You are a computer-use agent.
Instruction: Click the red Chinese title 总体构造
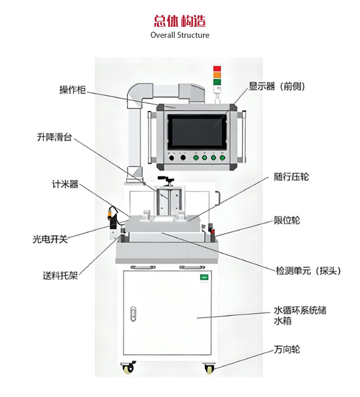coord(180,21)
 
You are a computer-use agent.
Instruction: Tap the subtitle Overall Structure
coord(180,35)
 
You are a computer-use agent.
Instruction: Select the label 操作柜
coord(72,90)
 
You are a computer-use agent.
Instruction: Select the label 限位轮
coord(287,220)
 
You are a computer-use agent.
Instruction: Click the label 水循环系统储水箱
coord(300,315)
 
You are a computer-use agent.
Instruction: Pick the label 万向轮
coord(287,349)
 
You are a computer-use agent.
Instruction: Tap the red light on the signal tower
coord(217,68)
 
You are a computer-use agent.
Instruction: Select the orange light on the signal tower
coord(217,75)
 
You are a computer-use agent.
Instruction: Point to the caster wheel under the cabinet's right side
coord(209,369)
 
